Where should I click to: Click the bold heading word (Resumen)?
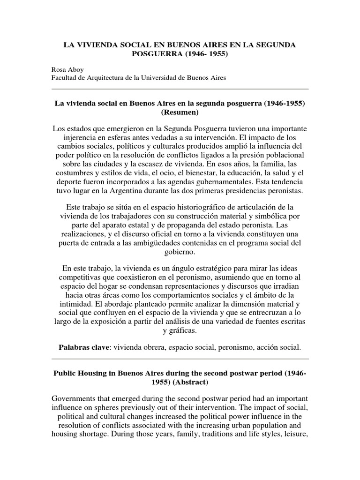pyautogui.click(x=180, y=113)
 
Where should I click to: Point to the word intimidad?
pyautogui.click(x=69, y=304)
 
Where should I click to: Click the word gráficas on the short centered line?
pyautogui.click(x=184, y=330)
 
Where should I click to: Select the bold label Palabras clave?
pyautogui.click(x=83, y=347)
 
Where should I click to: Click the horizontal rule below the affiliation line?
pyautogui.click(x=180, y=89)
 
